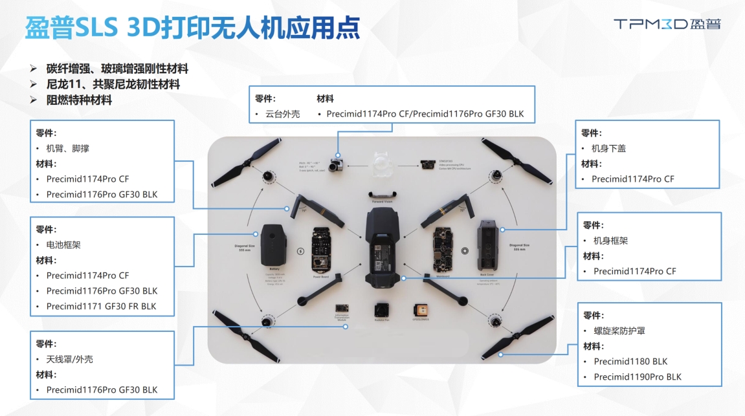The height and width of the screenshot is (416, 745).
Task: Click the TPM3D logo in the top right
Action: tap(667, 24)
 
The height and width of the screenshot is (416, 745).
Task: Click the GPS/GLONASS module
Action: tap(423, 311)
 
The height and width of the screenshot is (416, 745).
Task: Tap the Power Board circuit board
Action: tap(322, 249)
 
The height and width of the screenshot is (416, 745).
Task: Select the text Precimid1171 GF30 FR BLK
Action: tap(102, 306)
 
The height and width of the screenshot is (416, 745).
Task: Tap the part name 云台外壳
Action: tap(283, 115)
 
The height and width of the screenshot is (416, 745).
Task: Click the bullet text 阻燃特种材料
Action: tap(79, 100)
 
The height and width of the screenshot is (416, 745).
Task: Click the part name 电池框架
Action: tap(63, 245)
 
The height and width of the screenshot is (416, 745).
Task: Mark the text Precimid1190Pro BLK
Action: tap(638, 377)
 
